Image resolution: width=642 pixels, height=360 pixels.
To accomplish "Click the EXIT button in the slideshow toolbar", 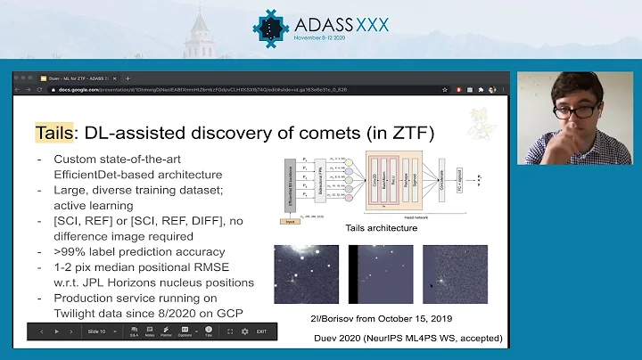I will [x=262, y=331].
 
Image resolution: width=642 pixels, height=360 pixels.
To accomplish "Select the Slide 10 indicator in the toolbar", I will [x=96, y=331].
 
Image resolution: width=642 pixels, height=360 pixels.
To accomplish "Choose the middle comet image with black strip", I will [x=381, y=275].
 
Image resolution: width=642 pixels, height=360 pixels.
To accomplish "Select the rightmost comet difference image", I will [x=455, y=275].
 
